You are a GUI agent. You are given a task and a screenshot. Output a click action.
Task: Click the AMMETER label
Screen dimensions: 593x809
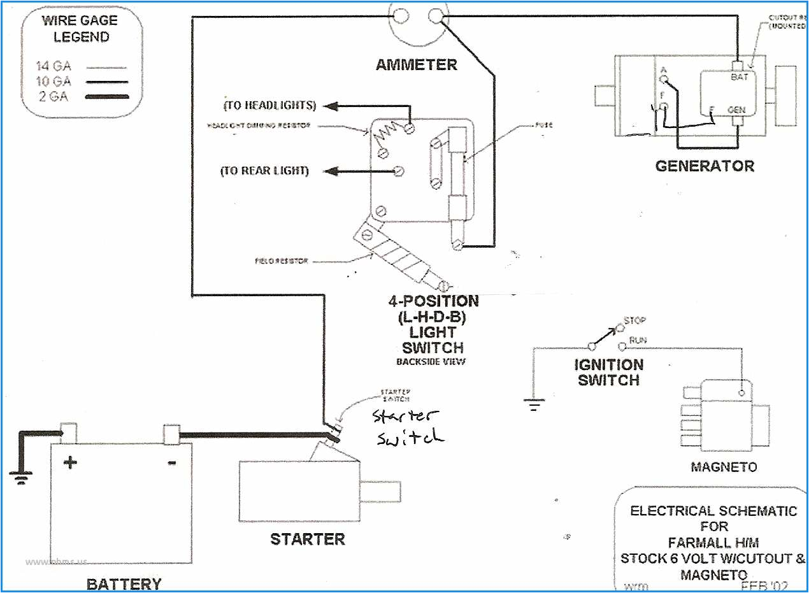416,64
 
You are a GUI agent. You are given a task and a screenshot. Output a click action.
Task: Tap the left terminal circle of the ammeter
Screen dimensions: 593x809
401,15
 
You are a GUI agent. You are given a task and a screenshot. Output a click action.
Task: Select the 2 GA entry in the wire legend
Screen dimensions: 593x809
54,96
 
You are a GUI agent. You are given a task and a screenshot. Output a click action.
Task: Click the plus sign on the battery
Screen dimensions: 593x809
69,462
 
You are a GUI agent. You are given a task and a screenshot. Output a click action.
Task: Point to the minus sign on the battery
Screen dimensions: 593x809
171,463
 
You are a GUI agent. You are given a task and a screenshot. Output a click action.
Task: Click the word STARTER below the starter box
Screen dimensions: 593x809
307,539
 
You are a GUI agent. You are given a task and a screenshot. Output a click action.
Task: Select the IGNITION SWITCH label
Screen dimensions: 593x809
608,373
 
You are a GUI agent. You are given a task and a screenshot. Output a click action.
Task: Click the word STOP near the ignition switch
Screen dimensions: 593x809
634,320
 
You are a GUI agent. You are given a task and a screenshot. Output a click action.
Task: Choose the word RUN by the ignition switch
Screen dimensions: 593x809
638,341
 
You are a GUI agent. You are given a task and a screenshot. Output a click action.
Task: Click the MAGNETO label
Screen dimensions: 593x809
724,467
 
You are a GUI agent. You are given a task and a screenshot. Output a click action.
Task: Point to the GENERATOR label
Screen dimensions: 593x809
705,166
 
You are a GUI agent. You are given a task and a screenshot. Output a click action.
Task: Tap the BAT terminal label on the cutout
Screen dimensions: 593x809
739,76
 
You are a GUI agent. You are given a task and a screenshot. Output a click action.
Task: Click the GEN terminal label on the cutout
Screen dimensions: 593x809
736,110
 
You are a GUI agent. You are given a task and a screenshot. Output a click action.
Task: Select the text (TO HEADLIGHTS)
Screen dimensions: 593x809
269,105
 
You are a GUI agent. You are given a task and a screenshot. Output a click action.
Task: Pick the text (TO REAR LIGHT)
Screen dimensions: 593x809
264,171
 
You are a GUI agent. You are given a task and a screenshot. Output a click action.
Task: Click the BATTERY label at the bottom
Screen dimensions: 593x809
124,583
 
